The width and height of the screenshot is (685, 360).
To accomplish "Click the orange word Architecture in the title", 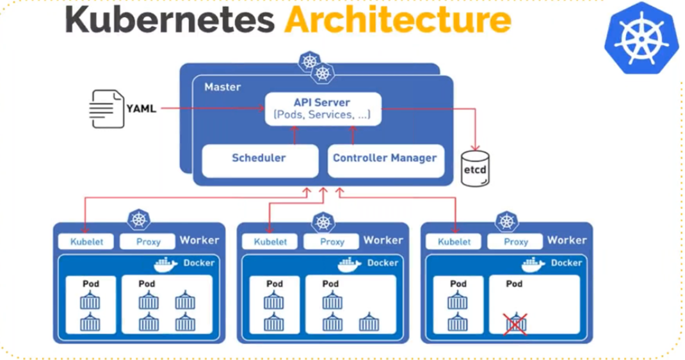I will tap(397, 20).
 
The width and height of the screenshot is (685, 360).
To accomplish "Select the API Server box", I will tap(323, 109).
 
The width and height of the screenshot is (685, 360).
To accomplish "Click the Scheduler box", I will tap(259, 158).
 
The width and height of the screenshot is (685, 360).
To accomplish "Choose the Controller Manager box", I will tap(385, 158).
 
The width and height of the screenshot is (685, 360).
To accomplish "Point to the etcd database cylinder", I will tap(475, 168).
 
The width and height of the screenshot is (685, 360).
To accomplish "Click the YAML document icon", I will tap(106, 109).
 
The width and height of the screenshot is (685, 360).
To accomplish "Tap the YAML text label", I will tap(141, 109).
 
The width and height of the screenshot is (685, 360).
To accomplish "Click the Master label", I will tap(223, 86).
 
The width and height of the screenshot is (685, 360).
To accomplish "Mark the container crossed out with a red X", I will tap(515, 323).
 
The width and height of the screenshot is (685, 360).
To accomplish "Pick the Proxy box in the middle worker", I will tap(332, 241).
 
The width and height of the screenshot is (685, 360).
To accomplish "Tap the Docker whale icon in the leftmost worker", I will tap(166, 264).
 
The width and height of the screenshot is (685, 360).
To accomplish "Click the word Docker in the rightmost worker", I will tap(567, 263).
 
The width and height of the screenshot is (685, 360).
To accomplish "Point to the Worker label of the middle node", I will tap(383, 240).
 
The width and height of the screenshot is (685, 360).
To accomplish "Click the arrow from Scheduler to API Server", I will tap(295, 135).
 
